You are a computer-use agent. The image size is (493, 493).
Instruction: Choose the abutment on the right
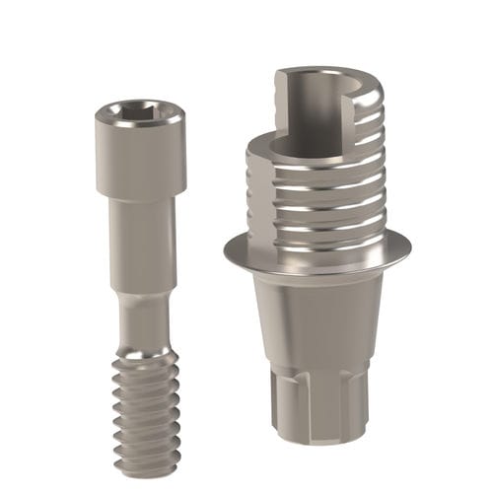316,276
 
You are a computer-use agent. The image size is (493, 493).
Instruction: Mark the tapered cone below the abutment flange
316,316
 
